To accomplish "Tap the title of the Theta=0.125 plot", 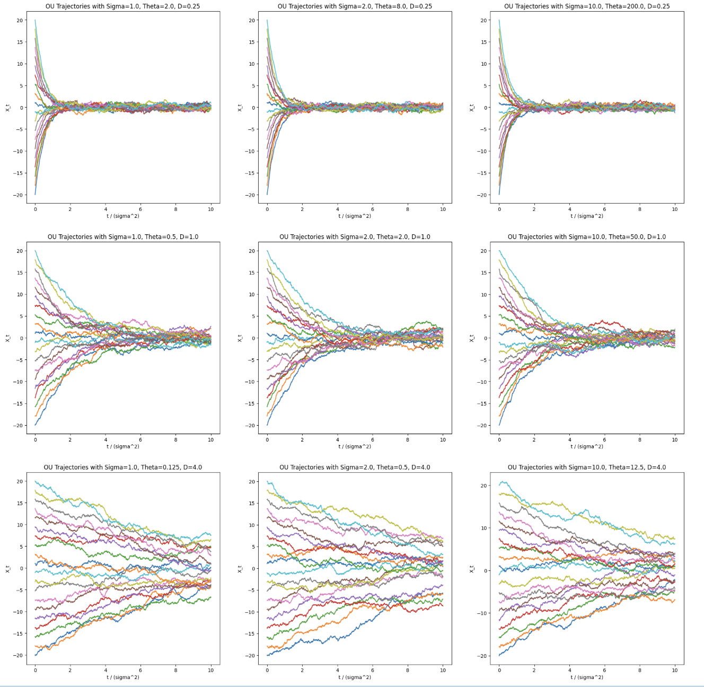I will [122, 468].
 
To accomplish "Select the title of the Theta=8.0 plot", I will [355, 6].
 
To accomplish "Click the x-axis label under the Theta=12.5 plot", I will [586, 677].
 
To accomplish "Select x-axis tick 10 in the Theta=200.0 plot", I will [674, 209].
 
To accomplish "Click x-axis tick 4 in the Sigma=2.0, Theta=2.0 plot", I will [337, 439].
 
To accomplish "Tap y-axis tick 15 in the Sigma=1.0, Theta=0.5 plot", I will [20, 273].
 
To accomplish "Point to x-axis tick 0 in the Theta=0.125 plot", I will [36, 670].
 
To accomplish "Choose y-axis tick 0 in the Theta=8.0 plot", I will [253, 108].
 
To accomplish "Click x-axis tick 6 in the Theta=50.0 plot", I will [604, 439].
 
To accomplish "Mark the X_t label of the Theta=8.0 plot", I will [240, 108].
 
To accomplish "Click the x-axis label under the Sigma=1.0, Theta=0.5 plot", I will [122, 446].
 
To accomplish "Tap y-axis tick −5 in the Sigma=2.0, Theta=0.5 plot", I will [252, 590].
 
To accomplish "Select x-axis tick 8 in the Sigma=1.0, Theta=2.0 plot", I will [176, 209].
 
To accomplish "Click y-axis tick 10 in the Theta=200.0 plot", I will [483, 64].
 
